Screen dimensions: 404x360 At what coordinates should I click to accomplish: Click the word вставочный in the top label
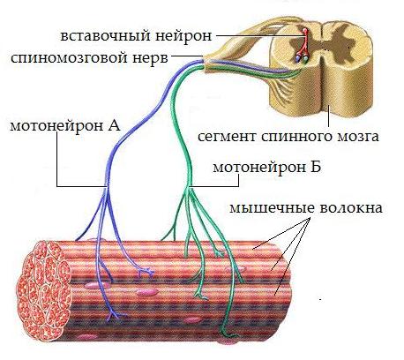click(106, 36)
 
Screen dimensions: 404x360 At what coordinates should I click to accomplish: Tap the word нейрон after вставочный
click(183, 36)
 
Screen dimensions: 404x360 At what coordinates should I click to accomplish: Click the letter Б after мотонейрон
click(315, 168)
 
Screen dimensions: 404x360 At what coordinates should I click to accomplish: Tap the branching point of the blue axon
click(106, 188)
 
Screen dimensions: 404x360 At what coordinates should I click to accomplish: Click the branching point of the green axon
click(189, 188)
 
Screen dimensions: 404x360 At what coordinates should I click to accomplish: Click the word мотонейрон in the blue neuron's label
click(55, 126)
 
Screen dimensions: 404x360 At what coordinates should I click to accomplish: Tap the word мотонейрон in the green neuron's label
click(259, 168)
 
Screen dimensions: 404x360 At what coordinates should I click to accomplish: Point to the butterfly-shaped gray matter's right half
click(342, 46)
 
